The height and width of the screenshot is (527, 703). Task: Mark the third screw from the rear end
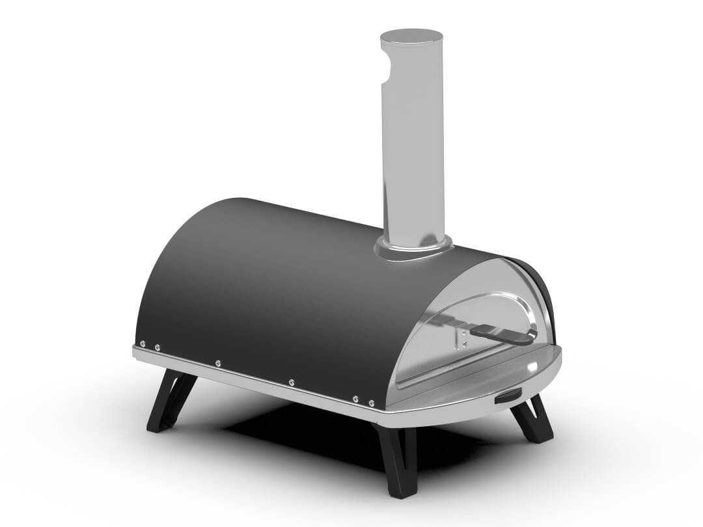(x=217, y=362)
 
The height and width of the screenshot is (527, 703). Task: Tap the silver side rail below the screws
(x=260, y=384)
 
